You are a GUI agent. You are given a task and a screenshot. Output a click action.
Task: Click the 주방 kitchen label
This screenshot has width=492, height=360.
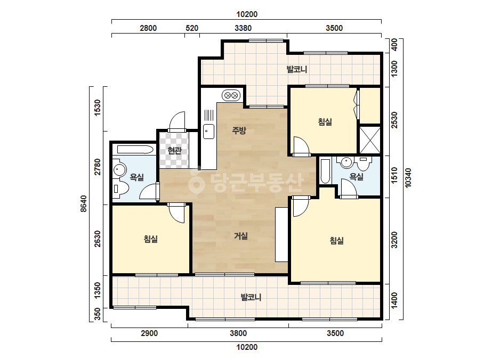pyautogui.click(x=239, y=130)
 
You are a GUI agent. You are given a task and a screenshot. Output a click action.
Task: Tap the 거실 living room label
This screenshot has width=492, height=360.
pyautogui.click(x=240, y=236)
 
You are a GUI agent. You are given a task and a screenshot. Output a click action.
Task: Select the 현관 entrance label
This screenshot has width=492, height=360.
pyautogui.click(x=174, y=151)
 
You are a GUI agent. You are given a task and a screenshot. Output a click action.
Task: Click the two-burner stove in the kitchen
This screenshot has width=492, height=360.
pyautogui.click(x=231, y=95)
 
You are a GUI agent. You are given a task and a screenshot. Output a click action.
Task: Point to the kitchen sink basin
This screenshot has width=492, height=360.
pyautogui.click(x=208, y=132)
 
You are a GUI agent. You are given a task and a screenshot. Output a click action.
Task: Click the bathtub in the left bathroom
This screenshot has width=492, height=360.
pyautogui.click(x=133, y=149)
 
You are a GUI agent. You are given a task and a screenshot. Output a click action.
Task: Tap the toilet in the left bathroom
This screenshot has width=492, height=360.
pyautogui.click(x=120, y=188)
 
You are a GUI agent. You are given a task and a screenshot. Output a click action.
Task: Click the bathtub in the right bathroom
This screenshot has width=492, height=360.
pyautogui.click(x=325, y=171)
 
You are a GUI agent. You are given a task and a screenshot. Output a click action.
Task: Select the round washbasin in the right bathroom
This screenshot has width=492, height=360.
pyautogui.click(x=346, y=162)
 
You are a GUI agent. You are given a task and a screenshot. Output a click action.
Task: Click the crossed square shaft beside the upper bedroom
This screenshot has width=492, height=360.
pyautogui.click(x=369, y=140)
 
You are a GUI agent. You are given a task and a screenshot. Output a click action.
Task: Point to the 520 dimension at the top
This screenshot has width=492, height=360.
pyautogui.click(x=192, y=28)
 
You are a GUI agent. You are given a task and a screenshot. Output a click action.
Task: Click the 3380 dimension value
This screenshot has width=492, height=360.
pyautogui.click(x=243, y=28)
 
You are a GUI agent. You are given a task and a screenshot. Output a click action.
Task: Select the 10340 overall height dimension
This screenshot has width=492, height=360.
pyautogui.click(x=408, y=178)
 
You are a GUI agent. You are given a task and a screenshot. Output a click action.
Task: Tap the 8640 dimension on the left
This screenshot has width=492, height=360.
pyautogui.click(x=84, y=203)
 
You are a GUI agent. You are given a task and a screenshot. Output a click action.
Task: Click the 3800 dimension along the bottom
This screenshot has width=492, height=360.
pyautogui.click(x=238, y=333)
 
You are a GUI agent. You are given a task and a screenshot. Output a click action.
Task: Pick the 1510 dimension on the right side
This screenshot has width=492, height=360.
pyautogui.click(x=394, y=175)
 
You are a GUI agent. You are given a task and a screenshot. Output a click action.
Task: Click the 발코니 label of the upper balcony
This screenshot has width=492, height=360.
pyautogui.click(x=296, y=69)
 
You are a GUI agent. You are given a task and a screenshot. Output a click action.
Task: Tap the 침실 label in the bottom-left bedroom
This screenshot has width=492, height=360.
pyautogui.click(x=151, y=239)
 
